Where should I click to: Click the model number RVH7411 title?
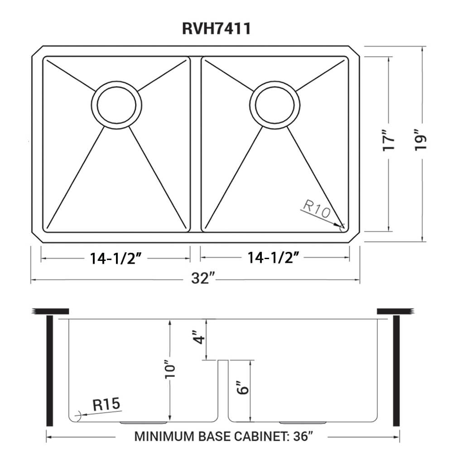(217, 28)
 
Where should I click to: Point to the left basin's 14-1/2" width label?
(116, 258)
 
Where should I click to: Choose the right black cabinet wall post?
(397, 371)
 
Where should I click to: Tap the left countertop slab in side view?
(50, 311)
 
